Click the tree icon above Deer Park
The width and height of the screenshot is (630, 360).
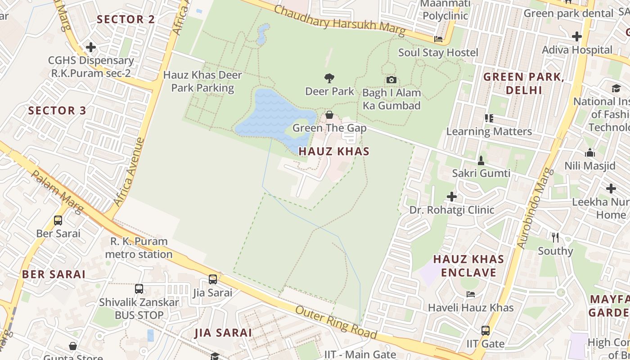point(329,78)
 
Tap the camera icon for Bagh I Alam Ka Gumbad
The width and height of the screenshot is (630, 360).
point(391,80)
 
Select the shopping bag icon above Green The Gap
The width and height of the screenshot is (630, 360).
point(329,115)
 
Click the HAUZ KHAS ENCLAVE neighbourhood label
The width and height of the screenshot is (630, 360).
point(468,266)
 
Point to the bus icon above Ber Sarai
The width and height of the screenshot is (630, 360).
point(58,220)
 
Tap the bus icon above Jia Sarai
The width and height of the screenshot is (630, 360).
point(213,279)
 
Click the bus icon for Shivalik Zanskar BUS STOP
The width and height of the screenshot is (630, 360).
point(139,289)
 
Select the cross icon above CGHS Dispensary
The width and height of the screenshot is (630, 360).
point(91,47)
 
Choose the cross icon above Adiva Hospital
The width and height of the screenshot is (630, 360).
point(577,36)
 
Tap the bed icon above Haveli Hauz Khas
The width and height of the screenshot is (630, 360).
point(471,294)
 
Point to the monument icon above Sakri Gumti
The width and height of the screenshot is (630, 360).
point(481,160)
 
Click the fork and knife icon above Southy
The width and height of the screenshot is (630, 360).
point(555,237)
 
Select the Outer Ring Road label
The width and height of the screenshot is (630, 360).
point(336,323)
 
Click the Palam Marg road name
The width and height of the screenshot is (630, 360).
point(57,192)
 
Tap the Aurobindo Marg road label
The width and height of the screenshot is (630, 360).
point(534,208)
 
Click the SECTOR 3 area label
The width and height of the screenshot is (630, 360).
point(57,111)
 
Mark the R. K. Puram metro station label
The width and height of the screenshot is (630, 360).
point(139,248)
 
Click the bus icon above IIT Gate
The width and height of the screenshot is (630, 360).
point(485,331)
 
